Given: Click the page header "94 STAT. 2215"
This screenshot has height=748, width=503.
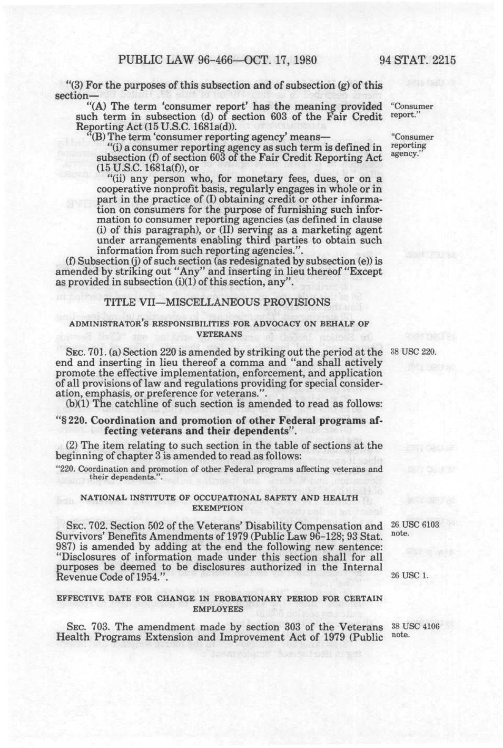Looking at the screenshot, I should (x=417, y=60).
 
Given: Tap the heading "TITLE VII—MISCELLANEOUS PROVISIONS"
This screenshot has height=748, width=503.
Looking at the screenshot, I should (x=217, y=302).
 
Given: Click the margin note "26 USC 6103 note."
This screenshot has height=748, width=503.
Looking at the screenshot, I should (x=415, y=529).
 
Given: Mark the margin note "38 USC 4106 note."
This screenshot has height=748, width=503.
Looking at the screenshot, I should (x=415, y=630).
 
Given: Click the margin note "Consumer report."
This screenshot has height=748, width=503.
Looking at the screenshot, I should (x=412, y=111).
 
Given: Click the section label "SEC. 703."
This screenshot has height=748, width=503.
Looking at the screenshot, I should (x=84, y=627).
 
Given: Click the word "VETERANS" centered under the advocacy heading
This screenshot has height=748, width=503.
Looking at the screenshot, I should (x=219, y=334).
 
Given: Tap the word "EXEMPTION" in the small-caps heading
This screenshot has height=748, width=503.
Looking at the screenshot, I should (x=219, y=508).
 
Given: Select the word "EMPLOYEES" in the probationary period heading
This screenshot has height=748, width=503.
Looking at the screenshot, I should (x=219, y=608).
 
